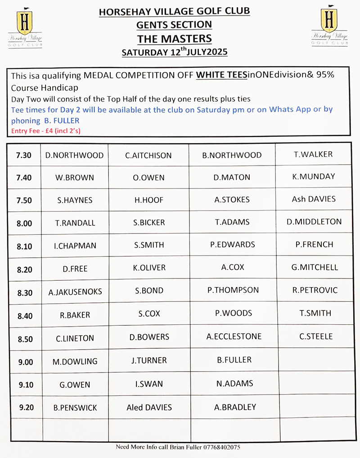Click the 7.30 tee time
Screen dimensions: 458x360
[x=24, y=155]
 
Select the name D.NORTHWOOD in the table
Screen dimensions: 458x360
[x=74, y=155]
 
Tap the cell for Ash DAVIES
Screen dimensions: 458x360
[x=314, y=199]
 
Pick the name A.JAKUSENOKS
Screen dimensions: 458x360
[x=75, y=292]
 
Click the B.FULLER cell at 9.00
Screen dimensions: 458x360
[x=234, y=360]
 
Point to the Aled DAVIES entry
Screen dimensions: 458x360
[x=149, y=408]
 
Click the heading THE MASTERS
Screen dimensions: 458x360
[x=174, y=39]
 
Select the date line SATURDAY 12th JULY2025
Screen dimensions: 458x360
[x=175, y=52]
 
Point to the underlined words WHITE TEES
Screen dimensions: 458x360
[x=221, y=76]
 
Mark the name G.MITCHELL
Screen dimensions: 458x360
[x=315, y=267]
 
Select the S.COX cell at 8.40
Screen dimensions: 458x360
[x=149, y=314]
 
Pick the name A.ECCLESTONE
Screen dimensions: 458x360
[x=234, y=337]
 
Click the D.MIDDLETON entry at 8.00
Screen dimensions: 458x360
[x=314, y=221]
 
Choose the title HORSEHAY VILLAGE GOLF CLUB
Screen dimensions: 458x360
[x=174, y=11]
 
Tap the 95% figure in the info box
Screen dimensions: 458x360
[x=324, y=75]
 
